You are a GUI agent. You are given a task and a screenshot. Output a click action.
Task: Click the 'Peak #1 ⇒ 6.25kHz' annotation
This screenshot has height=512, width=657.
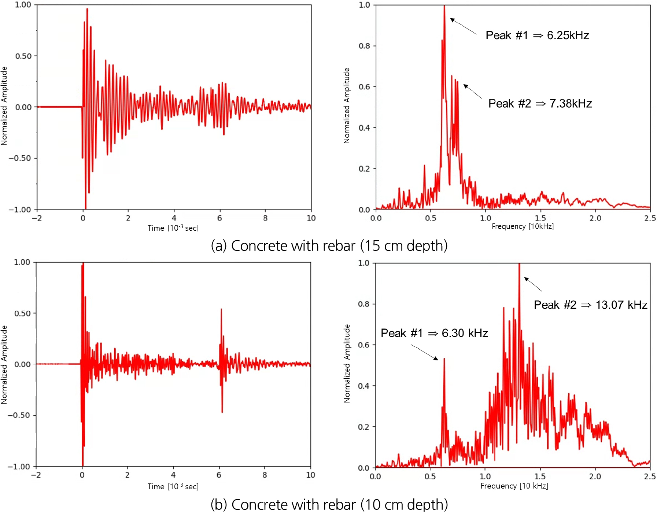537,35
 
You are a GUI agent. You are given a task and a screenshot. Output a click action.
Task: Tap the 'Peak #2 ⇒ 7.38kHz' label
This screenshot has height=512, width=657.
540,103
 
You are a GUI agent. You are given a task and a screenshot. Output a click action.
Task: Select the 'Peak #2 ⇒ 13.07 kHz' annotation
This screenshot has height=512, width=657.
590,305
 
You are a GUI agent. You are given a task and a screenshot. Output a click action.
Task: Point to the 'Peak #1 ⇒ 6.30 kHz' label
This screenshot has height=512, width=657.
434,333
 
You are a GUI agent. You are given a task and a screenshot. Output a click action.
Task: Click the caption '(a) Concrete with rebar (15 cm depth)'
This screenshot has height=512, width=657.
329,246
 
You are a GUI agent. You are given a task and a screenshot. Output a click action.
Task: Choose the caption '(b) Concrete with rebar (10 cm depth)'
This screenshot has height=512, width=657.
329,504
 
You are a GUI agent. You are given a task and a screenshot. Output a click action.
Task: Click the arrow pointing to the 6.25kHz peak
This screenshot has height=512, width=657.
463,26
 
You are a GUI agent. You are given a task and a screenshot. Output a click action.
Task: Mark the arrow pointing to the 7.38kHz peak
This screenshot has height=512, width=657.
472,91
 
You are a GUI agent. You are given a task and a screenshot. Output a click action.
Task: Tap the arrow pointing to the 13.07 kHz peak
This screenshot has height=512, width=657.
533,284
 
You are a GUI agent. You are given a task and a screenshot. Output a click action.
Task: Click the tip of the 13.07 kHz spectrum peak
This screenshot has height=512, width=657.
519,264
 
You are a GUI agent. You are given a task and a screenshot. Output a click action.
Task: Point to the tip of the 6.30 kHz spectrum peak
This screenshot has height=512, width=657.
444,359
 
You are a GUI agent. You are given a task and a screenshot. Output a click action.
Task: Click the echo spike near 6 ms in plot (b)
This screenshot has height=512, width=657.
221,310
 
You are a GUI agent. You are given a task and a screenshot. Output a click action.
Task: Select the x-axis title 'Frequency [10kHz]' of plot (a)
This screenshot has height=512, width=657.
523,226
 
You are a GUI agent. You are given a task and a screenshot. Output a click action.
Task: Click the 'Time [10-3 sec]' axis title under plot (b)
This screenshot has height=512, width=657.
173,486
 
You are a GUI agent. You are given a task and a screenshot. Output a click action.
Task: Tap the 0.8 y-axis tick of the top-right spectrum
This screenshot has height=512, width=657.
364,46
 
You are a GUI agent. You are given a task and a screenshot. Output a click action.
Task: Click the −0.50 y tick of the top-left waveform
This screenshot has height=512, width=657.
20,158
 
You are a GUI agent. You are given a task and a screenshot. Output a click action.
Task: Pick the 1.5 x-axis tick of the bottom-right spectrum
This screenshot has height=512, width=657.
540,476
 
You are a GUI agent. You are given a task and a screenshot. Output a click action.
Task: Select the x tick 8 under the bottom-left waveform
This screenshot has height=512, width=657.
265,475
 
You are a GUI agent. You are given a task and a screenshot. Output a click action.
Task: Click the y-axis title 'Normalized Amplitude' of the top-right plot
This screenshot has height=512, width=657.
347,105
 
